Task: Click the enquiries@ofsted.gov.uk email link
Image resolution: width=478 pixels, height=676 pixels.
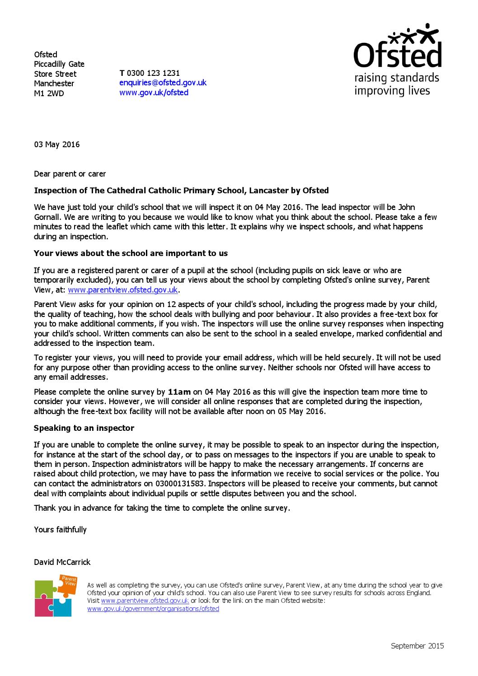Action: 163,83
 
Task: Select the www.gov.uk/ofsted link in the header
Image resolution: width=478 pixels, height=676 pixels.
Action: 154,93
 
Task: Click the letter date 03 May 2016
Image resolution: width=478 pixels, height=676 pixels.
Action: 57,145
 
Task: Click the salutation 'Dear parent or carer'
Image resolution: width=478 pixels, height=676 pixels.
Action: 70,174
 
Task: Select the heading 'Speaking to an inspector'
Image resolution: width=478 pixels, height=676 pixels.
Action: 84,428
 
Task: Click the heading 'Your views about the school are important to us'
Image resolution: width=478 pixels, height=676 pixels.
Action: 131,253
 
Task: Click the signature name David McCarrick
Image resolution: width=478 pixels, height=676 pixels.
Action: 62,562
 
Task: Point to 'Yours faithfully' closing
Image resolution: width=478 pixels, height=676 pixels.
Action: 60,530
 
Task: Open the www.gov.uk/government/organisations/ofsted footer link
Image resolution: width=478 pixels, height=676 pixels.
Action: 153,609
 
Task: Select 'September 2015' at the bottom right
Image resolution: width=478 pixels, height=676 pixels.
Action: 417,646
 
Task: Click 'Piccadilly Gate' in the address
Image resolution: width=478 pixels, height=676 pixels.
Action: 59,64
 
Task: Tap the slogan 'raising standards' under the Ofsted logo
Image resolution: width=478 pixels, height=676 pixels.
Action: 396,78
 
